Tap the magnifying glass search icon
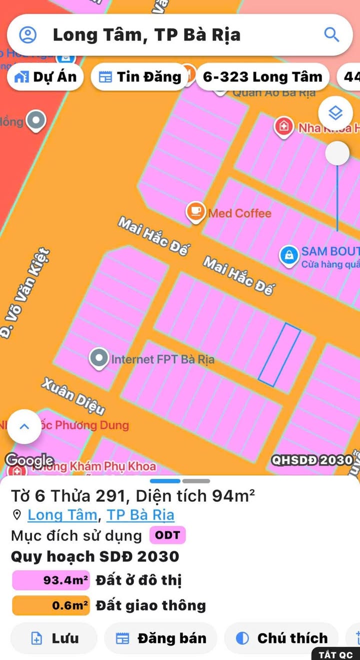tap(332, 35)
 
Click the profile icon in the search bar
tap(28, 35)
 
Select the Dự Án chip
tap(45, 77)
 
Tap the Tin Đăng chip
tap(140, 77)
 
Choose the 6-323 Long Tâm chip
tap(262, 77)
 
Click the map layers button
tap(335, 113)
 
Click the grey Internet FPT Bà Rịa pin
tap(99, 358)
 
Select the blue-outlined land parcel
tap(279, 355)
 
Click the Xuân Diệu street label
tap(73, 396)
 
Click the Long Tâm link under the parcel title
tap(62, 515)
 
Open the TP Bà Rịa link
tap(140, 515)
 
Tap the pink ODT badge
tap(167, 535)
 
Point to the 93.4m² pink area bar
tap(51, 580)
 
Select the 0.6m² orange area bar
tap(51, 605)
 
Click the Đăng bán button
tap(161, 638)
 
